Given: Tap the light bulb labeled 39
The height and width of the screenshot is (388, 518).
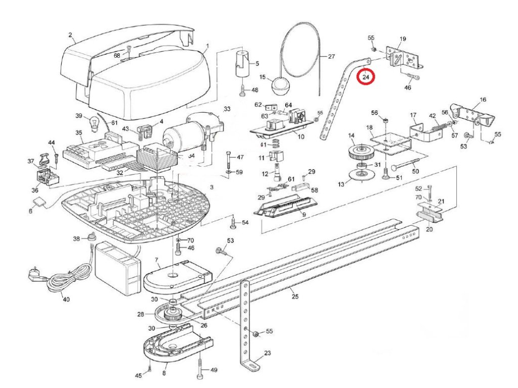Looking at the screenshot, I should [x=93, y=123].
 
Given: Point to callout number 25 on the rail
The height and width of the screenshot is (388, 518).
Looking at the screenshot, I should [x=295, y=296].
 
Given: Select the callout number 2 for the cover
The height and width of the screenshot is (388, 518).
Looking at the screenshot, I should [x=71, y=35].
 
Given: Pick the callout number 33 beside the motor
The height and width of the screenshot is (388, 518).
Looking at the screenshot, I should [x=227, y=109].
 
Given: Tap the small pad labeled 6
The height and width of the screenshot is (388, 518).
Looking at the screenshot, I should [x=39, y=203].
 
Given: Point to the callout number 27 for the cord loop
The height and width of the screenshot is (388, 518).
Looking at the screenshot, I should [x=331, y=57].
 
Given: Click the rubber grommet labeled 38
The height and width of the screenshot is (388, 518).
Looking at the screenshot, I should [x=92, y=237].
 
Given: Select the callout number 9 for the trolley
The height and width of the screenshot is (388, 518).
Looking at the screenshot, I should [x=304, y=215].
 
